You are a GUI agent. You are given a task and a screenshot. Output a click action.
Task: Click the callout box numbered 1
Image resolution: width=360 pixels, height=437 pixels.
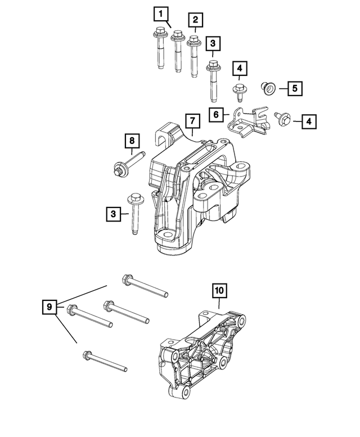(161, 12)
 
